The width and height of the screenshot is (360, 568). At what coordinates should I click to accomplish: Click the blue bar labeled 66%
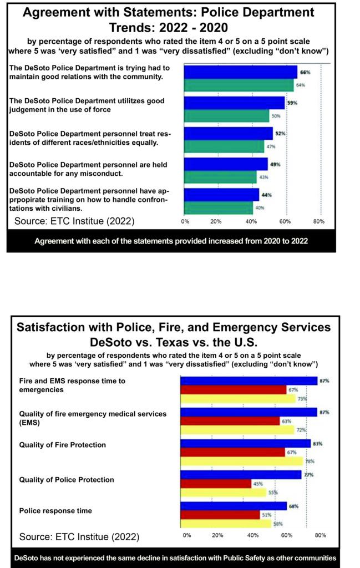[x=241, y=72]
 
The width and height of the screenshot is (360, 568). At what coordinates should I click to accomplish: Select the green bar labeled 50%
[x=227, y=115]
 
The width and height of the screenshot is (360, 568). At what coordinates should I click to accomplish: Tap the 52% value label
[x=280, y=133]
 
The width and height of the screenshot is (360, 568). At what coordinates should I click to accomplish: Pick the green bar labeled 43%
[x=220, y=177]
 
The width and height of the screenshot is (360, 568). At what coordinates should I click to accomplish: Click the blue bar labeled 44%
[x=222, y=195]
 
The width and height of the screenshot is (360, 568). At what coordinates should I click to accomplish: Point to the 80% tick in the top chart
[x=319, y=221]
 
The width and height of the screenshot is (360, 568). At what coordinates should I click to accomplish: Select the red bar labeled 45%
[x=216, y=484]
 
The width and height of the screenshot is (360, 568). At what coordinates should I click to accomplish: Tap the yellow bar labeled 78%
[x=241, y=461]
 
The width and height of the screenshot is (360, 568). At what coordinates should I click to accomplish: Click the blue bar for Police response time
[x=234, y=506]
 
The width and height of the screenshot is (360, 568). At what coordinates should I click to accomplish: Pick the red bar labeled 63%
[x=230, y=421]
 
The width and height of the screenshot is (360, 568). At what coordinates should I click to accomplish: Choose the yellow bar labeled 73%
[x=239, y=399]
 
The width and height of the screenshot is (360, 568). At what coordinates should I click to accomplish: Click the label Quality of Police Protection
[x=67, y=480]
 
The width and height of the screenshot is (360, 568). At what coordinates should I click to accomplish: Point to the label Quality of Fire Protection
[x=63, y=445]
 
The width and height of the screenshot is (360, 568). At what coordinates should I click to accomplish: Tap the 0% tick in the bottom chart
[x=187, y=535]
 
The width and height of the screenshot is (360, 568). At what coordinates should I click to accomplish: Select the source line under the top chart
[x=74, y=221]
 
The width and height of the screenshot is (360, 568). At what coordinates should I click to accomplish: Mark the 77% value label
[x=309, y=475]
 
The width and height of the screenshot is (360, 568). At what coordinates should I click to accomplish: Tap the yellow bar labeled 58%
[x=226, y=524]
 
